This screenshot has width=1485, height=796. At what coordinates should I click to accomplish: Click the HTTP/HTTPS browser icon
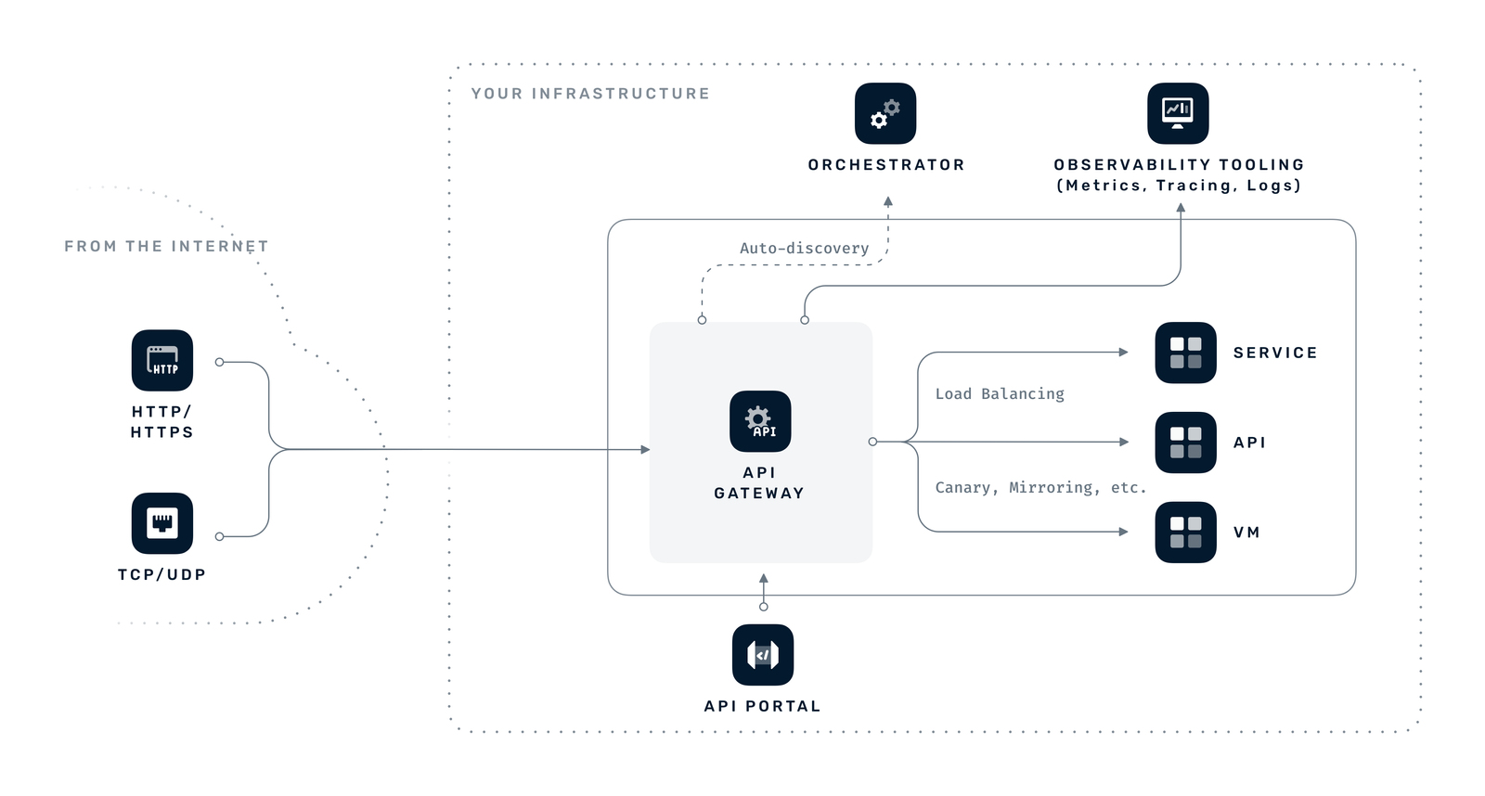pyautogui.click(x=162, y=360)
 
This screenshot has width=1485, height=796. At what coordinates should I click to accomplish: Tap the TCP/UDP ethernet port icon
pyautogui.click(x=162, y=523)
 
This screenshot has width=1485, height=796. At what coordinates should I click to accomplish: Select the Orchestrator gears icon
pyautogui.click(x=885, y=113)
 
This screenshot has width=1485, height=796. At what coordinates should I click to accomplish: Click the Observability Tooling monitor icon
pyautogui.click(x=1178, y=113)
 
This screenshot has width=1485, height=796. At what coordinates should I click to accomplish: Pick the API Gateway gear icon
pyautogui.click(x=760, y=421)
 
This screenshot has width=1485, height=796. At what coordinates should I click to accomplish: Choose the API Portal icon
pyautogui.click(x=763, y=655)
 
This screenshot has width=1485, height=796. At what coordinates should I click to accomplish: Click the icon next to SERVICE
pyautogui.click(x=1185, y=353)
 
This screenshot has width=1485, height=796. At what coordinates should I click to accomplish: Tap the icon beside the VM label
pyautogui.click(x=1185, y=533)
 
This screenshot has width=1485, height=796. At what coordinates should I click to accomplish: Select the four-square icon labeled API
pyautogui.click(x=1185, y=443)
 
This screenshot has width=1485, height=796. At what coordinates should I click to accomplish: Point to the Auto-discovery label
pyautogui.click(x=804, y=248)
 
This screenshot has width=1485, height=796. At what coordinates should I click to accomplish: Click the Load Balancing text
pyautogui.click(x=1000, y=393)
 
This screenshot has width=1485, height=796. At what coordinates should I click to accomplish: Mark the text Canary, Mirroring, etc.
pyautogui.click(x=1040, y=487)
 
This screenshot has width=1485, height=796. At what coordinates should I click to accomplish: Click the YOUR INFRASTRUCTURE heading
pyautogui.click(x=590, y=94)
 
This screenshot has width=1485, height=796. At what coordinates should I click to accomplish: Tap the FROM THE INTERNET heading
pyautogui.click(x=166, y=246)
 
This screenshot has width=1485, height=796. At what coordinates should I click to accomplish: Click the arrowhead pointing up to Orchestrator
pyautogui.click(x=888, y=201)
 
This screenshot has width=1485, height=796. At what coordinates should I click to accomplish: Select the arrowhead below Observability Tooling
pyautogui.click(x=1181, y=209)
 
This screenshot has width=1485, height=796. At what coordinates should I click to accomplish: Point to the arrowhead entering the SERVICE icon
pyautogui.click(x=1123, y=352)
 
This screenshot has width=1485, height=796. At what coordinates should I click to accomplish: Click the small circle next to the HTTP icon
pyautogui.click(x=219, y=362)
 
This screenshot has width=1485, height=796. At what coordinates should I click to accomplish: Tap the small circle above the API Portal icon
pyautogui.click(x=764, y=607)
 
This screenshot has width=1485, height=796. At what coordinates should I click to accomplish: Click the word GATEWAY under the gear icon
pyautogui.click(x=759, y=493)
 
